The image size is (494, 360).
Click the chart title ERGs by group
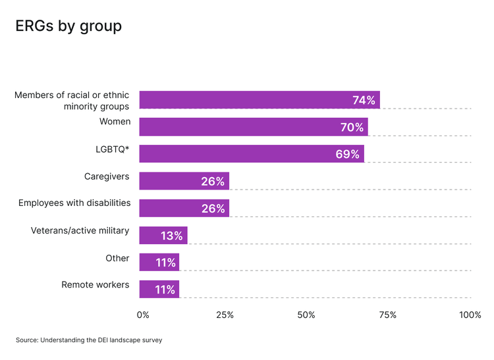pyautogui.click(x=69, y=26)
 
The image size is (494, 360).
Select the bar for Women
pyautogui.click(x=254, y=127)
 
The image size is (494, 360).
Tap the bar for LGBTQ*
pyautogui.click(x=252, y=154)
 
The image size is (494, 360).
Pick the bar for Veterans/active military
pyautogui.click(x=163, y=236)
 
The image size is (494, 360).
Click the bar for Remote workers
pyautogui.click(x=159, y=290)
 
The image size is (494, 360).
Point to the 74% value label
pyautogui.click(x=364, y=100)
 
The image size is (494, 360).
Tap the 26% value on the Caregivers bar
pyautogui.click(x=213, y=182)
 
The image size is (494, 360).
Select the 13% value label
pyautogui.click(x=171, y=236)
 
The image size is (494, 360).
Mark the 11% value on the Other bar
pyautogui.click(x=165, y=263)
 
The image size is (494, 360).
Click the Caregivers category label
pyautogui.click(x=107, y=176)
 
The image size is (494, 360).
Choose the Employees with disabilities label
pyautogui.click(x=74, y=203)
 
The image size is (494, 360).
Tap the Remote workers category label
pyautogui.click(x=96, y=284)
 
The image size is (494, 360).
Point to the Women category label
pyautogui.click(x=115, y=122)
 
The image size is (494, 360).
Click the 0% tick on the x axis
pyautogui.click(x=143, y=315)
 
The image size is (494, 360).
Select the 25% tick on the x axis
pyautogui.click(x=225, y=315)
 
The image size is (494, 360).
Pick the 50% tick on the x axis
pyautogui.click(x=306, y=315)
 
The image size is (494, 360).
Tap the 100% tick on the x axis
pyautogui.click(x=470, y=315)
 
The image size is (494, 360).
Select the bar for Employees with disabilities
pyautogui.click(x=184, y=209)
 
